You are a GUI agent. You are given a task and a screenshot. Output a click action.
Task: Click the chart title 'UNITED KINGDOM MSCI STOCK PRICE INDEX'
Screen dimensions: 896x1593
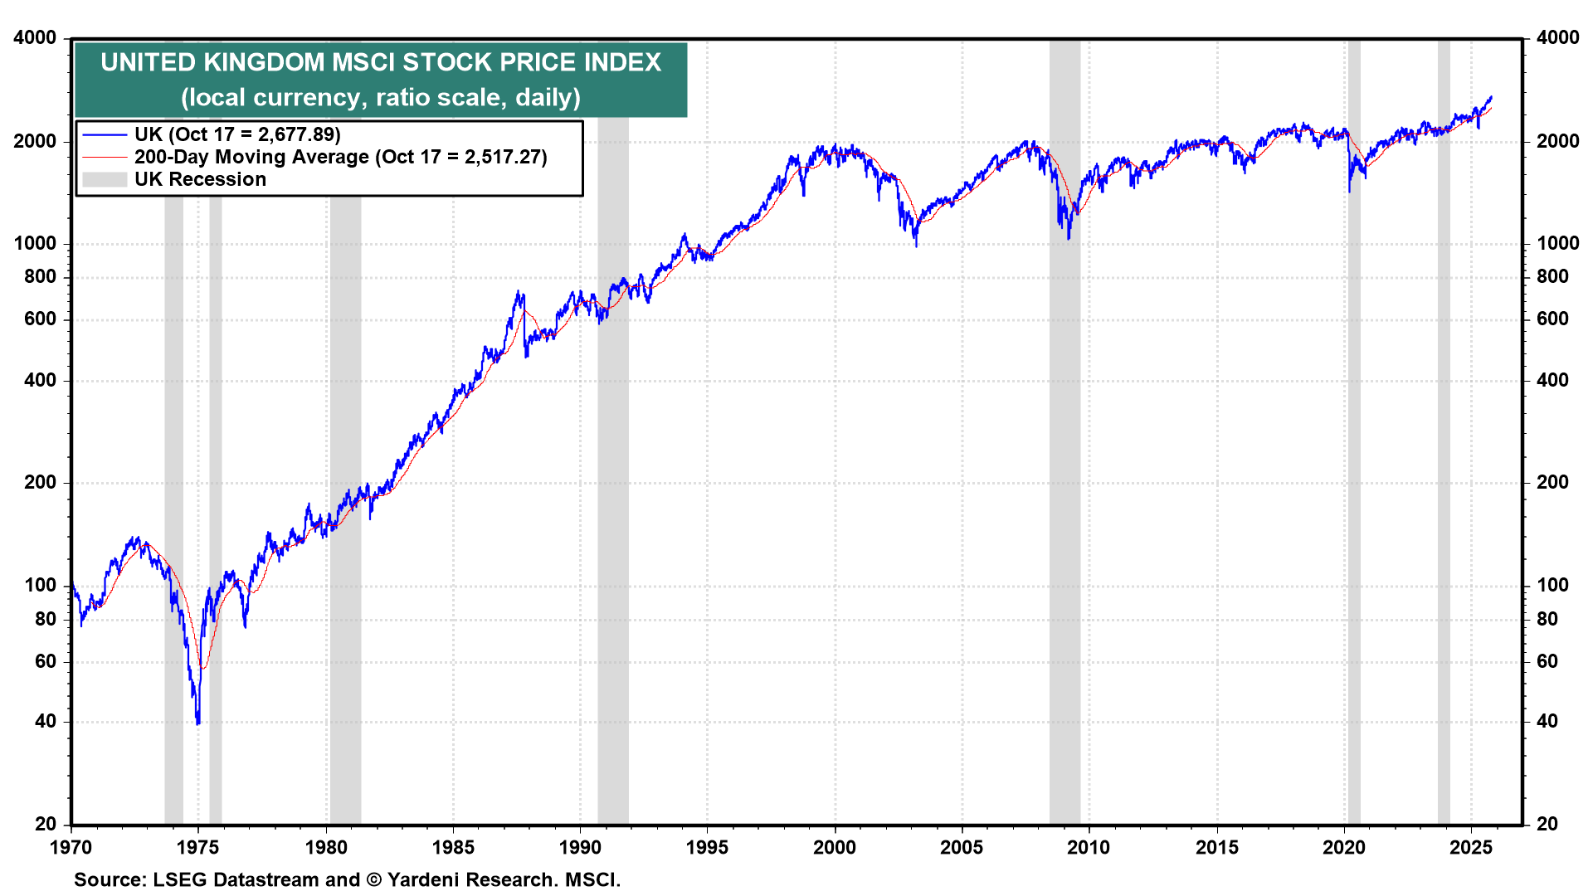381,63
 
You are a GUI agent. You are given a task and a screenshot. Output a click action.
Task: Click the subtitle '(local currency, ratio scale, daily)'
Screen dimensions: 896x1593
381,98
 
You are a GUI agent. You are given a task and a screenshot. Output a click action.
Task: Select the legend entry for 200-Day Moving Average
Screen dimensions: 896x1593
340,158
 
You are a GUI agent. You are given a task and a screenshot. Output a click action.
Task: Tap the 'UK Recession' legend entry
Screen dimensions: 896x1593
200,180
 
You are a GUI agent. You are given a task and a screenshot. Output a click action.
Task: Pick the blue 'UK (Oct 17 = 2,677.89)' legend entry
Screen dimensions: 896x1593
237,135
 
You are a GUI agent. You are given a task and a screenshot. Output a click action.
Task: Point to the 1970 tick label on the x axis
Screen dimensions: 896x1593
71,848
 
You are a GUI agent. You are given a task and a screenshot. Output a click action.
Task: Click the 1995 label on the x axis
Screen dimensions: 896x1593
707,848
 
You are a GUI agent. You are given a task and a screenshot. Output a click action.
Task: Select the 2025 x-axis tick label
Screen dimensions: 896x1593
1471,848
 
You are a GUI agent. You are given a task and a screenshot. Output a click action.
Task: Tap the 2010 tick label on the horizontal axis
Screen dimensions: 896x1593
1089,848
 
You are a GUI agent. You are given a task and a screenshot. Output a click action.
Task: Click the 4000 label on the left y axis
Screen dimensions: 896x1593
35,38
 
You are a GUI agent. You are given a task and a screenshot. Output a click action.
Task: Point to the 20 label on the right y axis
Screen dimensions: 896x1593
1547,825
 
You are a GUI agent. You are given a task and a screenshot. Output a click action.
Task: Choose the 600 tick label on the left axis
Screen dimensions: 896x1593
41,319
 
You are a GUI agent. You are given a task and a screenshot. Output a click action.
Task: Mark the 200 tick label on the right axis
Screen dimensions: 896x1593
1552,483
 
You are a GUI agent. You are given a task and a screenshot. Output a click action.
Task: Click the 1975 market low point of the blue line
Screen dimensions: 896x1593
197,723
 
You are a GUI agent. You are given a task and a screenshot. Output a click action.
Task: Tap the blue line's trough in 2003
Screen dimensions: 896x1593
916,246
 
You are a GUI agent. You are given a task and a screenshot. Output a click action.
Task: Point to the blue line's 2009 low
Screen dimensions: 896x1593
1069,239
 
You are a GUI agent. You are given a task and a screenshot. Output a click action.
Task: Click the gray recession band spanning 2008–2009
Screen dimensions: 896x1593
1064,498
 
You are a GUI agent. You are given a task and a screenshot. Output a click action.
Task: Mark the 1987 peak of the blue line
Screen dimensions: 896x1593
519,292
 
